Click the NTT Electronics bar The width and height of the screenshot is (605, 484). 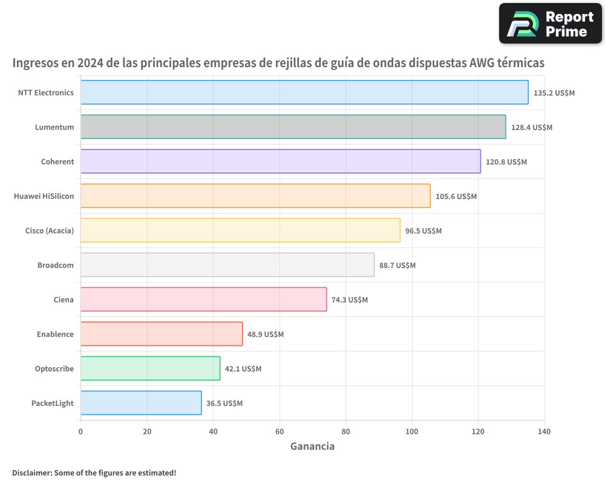[x=304, y=93]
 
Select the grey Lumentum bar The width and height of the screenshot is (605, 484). [x=293, y=127]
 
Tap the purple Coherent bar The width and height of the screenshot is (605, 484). [x=280, y=162]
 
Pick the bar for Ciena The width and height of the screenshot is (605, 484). [x=203, y=299]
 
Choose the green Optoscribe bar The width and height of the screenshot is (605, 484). [x=150, y=368]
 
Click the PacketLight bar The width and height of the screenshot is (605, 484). [x=141, y=403]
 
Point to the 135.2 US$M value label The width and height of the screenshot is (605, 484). [x=554, y=93]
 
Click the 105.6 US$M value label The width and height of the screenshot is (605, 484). [x=456, y=197]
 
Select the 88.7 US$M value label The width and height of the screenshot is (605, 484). [x=397, y=266]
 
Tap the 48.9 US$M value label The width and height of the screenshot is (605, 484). [x=265, y=335]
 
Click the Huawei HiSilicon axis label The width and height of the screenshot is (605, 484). [x=44, y=196]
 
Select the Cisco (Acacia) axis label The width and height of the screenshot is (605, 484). [x=50, y=231]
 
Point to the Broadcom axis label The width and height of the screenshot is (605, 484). [x=56, y=265]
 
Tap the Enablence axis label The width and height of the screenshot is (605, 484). [x=55, y=334]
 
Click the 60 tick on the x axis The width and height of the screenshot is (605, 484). [x=280, y=431]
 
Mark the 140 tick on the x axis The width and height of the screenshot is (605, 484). [x=544, y=431]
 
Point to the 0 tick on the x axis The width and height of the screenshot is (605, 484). [x=80, y=431]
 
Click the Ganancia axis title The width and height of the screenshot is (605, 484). [x=312, y=446]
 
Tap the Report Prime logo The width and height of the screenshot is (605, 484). [x=551, y=24]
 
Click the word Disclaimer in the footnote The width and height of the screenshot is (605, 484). [x=31, y=473]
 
